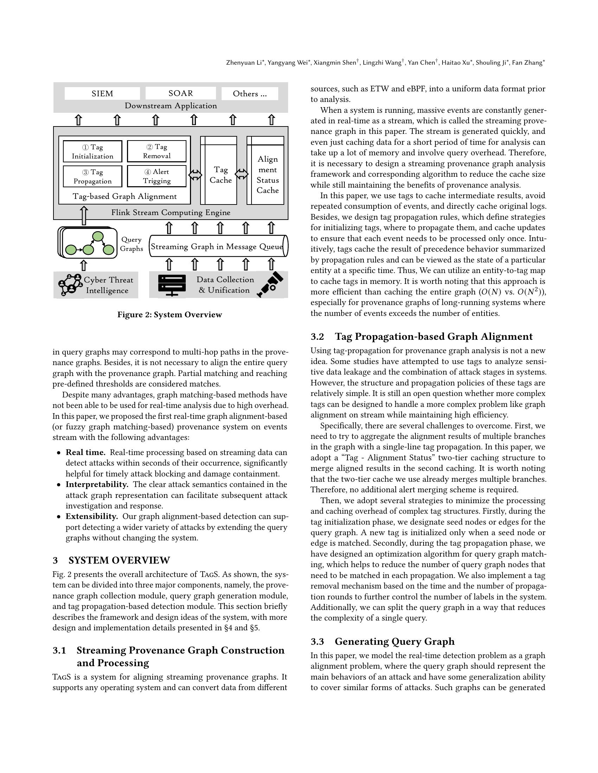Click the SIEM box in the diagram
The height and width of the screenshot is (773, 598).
102,93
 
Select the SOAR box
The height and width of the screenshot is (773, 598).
181,93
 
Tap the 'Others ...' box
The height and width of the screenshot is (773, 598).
249,93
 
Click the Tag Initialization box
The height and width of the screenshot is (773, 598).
93,151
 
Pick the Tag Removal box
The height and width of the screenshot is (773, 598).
157,151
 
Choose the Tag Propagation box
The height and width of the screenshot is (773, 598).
93,176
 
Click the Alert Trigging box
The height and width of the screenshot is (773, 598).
157,176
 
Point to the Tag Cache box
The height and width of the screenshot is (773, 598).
220,175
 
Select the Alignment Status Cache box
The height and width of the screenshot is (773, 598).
267,175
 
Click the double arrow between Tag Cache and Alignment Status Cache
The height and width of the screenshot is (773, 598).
242,174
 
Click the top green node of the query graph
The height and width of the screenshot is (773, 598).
98,236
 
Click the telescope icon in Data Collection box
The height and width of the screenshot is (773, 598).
271,284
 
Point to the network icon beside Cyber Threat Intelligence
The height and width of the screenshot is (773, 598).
70,285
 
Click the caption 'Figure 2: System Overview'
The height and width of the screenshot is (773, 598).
170,315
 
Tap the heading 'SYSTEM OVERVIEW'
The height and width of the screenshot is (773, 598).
119,560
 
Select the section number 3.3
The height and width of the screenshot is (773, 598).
317,642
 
